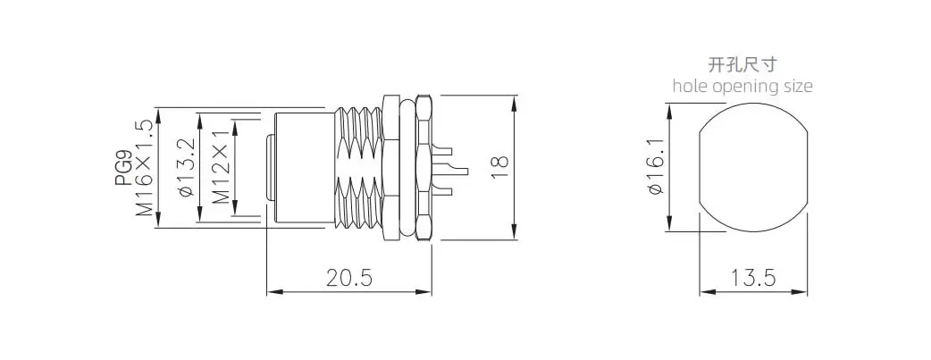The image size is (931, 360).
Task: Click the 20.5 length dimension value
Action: coord(349,278)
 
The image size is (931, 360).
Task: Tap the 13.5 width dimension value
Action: coord(753,278)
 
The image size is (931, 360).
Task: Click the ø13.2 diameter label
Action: coord(185,168)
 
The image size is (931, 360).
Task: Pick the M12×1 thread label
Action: coord(221,168)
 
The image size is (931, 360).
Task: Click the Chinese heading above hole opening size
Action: coord(742,64)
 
